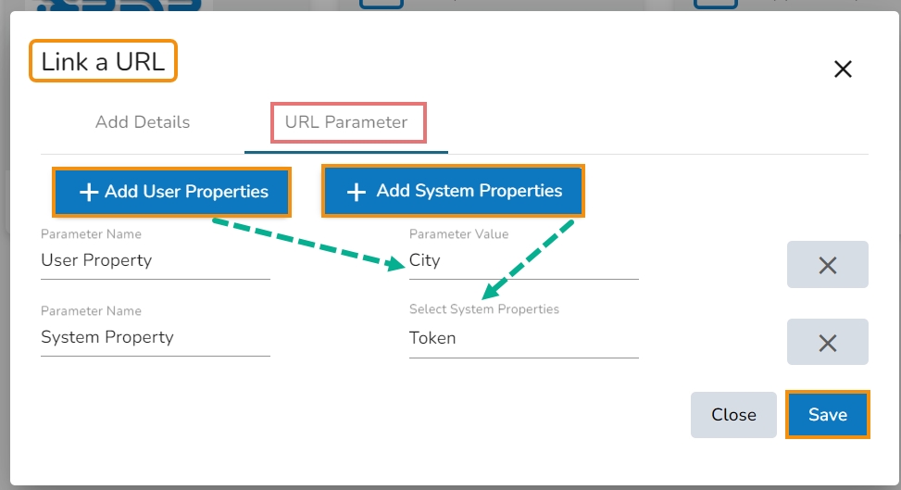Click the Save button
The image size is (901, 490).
[828, 415]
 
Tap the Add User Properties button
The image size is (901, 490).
[172, 192]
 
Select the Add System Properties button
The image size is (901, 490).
[454, 191]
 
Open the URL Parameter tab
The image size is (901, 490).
[346, 122]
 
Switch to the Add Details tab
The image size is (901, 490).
[143, 122]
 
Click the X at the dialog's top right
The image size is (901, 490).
[843, 69]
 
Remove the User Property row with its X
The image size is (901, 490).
[828, 265]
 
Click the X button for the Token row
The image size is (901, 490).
[828, 342]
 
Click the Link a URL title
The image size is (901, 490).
[103, 61]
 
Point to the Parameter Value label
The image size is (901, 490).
[458, 234]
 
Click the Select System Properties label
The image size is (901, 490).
[483, 309]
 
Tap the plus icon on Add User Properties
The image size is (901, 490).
[89, 192]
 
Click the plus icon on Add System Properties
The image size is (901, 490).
[357, 192]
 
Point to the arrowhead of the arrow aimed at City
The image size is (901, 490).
[396, 264]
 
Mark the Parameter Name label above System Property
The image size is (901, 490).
[91, 311]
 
